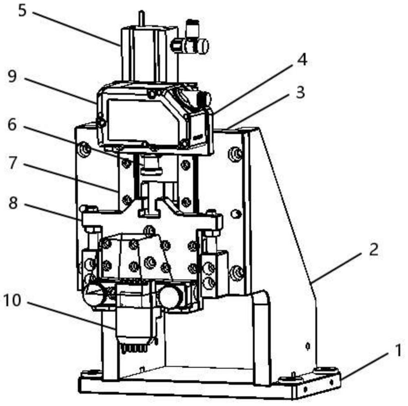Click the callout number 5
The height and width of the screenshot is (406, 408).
point(22,11)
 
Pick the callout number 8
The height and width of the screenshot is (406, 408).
point(13,203)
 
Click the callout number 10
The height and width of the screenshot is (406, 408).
point(12,300)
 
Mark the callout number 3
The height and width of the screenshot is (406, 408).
point(301,92)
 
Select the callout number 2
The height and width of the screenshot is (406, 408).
point(374,249)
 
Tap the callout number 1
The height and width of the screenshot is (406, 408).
point(398,350)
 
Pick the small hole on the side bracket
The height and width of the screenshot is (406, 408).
point(307,346)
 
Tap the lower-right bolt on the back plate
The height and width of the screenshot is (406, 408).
point(236,273)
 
